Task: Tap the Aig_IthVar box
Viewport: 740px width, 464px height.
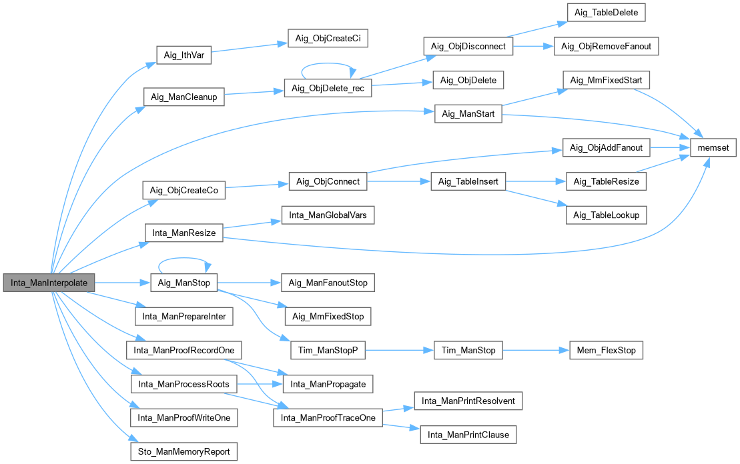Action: [x=183, y=55]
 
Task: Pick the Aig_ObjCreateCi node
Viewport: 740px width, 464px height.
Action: [x=327, y=39]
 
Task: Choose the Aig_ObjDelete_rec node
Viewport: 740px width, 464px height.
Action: [x=328, y=88]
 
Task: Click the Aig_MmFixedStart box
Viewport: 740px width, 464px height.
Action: [x=606, y=81]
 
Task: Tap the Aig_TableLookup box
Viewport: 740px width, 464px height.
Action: [x=606, y=215]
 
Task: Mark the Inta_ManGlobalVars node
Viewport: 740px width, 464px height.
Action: [x=328, y=215]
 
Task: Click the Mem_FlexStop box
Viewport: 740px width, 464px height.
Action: [x=606, y=350]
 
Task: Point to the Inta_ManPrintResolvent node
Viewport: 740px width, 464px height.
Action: [x=468, y=401]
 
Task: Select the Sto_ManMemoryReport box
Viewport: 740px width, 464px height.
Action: [x=183, y=451]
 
